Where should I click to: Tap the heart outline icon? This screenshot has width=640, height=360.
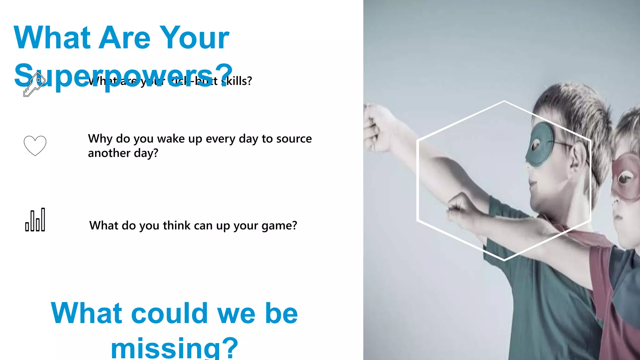[35, 146]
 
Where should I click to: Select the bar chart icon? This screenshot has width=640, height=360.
[35, 220]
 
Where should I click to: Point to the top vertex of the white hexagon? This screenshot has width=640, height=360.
[504, 101]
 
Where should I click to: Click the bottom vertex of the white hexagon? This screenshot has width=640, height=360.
[504, 260]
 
